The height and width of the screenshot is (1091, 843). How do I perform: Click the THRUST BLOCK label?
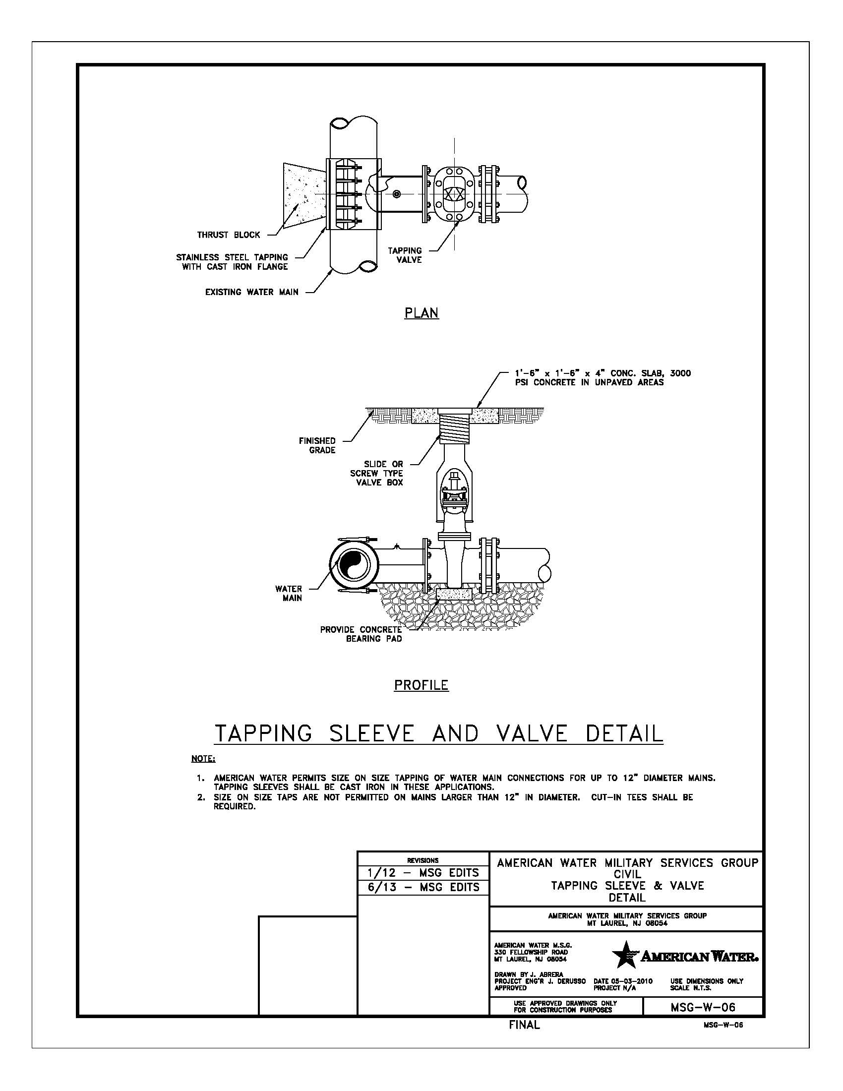pyautogui.click(x=228, y=235)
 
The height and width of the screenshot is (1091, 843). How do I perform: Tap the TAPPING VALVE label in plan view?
pyautogui.click(x=405, y=255)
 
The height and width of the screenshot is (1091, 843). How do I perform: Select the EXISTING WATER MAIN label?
pyautogui.click(x=251, y=292)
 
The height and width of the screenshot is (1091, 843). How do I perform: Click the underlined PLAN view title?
pyautogui.click(x=421, y=313)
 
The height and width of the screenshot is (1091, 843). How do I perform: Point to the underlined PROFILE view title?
pyautogui.click(x=421, y=685)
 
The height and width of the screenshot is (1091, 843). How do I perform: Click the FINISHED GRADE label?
pyautogui.click(x=317, y=446)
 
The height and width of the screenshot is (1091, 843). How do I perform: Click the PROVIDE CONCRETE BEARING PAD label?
pyautogui.click(x=361, y=634)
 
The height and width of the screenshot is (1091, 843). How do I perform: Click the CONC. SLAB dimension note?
pyautogui.click(x=602, y=378)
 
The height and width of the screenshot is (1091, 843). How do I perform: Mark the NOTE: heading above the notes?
pyautogui.click(x=203, y=759)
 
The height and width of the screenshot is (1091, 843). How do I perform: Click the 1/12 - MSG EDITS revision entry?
pyautogui.click(x=422, y=873)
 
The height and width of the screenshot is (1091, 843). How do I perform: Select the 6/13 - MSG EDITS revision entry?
pyautogui.click(x=422, y=887)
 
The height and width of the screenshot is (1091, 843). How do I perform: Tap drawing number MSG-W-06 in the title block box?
pyautogui.click(x=703, y=1007)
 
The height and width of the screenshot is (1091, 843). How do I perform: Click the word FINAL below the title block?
pyautogui.click(x=524, y=1025)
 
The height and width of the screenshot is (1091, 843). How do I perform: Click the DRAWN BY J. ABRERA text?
pyautogui.click(x=529, y=974)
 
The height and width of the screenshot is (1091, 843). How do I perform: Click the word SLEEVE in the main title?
pyautogui.click(x=371, y=734)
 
